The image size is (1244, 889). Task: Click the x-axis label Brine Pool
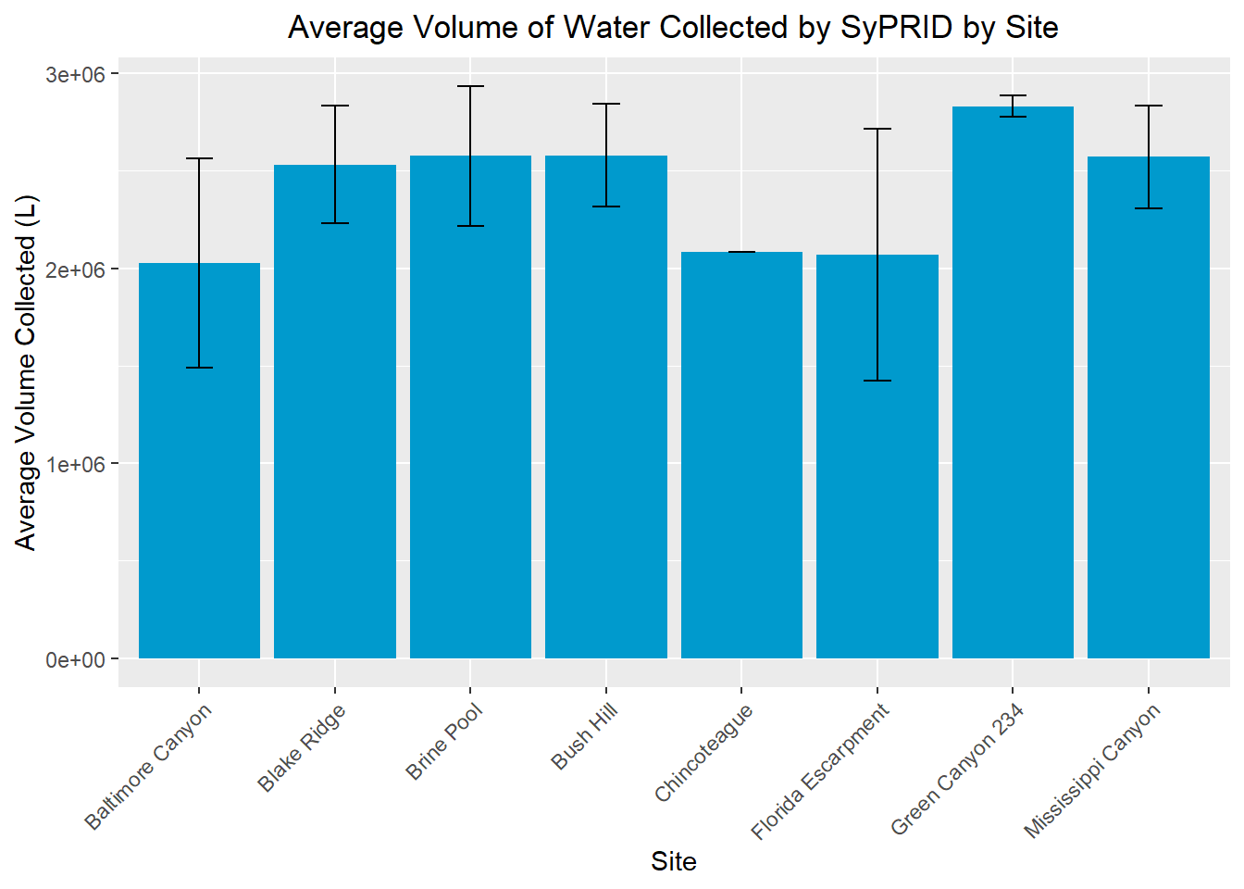click(x=445, y=741)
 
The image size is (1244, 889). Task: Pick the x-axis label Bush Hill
click(x=585, y=736)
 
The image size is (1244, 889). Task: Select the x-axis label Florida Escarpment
click(x=820, y=770)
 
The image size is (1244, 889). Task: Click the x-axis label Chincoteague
click(x=704, y=752)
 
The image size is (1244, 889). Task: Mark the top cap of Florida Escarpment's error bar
click(x=877, y=129)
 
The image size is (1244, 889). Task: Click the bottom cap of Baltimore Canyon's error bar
click(x=199, y=368)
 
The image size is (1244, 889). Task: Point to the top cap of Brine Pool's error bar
click(x=470, y=86)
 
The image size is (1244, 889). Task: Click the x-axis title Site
click(x=673, y=861)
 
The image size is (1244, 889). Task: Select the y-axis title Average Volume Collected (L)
click(x=26, y=372)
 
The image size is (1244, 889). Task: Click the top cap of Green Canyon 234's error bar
click(x=1013, y=95)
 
